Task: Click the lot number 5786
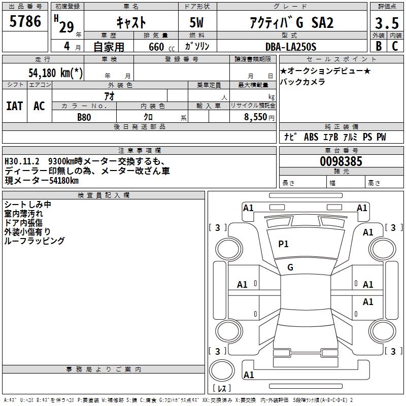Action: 25,21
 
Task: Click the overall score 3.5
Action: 387,23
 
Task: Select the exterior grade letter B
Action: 379,46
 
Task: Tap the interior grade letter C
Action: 395,46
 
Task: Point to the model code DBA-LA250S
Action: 291,47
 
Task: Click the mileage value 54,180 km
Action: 55,73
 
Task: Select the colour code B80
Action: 84,117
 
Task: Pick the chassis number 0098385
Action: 341,161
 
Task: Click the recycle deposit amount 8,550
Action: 256,117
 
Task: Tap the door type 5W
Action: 196,22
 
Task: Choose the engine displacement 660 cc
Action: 161,47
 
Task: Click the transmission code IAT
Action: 15,106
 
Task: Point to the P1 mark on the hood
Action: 283,244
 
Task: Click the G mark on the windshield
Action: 290,267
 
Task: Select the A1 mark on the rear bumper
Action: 249,375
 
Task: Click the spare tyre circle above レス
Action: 222,370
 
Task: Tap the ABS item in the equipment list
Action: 311,137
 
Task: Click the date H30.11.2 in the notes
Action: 22,161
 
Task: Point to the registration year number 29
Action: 66,27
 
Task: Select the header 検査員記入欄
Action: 104,195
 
